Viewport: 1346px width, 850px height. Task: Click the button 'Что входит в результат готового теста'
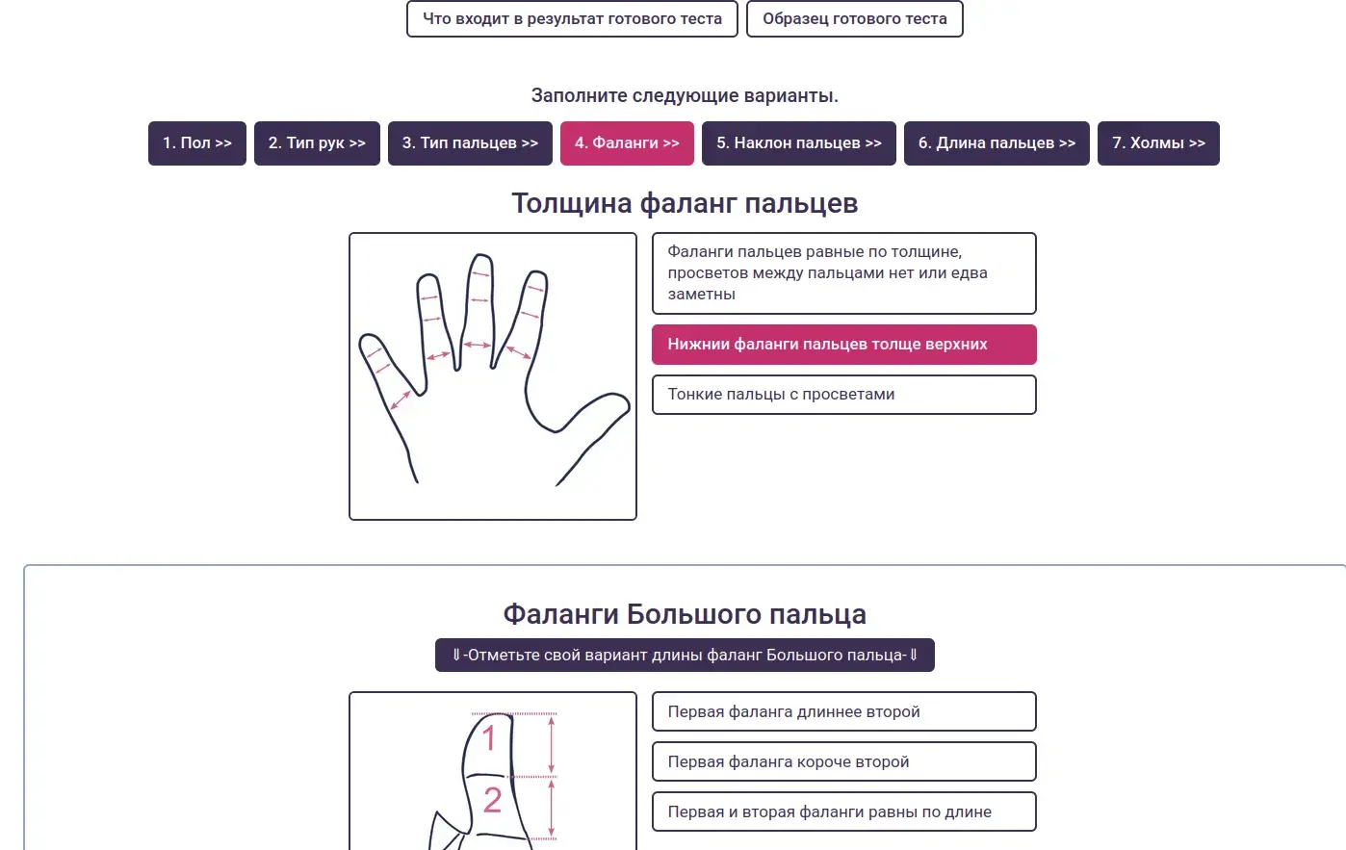[572, 19]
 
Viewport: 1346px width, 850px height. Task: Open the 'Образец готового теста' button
[854, 19]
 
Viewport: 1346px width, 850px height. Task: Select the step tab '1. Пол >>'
[197, 143]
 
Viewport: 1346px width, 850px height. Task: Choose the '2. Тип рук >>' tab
[317, 143]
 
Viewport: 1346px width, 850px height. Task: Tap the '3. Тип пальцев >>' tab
[470, 143]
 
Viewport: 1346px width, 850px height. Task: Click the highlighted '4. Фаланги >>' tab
[627, 143]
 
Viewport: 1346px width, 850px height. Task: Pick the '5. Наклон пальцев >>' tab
[798, 143]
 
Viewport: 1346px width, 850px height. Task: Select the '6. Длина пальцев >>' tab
[997, 143]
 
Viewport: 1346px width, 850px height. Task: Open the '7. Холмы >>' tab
[1158, 143]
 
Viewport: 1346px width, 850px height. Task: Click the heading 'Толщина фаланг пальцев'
[685, 204]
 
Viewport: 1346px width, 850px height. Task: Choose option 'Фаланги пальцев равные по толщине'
[843, 273]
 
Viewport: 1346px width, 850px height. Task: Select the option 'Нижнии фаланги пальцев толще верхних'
[843, 345]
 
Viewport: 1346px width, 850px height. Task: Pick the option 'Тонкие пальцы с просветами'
[843, 395]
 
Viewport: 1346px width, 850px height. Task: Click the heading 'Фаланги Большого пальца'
[685, 614]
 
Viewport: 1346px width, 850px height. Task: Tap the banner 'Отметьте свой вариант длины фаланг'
[685, 656]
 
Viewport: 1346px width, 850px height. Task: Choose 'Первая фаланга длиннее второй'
[843, 712]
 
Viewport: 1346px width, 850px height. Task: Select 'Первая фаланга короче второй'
[843, 762]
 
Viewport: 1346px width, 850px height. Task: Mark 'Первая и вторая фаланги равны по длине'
[843, 812]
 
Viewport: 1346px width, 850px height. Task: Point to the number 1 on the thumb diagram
[489, 738]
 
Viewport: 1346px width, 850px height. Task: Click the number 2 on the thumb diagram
[492, 800]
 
